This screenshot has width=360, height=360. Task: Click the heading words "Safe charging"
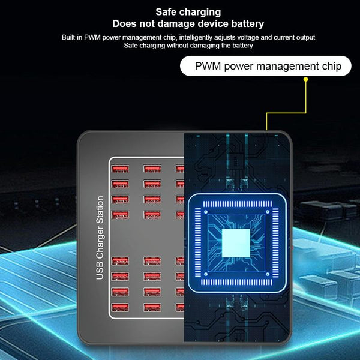(x=188, y=12)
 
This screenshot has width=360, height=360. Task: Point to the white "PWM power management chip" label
(x=266, y=66)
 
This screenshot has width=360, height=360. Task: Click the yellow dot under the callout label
(x=305, y=79)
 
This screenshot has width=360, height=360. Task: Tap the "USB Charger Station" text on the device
(x=100, y=238)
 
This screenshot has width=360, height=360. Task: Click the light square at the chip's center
(x=236, y=243)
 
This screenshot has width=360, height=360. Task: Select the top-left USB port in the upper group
(x=120, y=169)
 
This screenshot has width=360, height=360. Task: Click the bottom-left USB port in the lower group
(x=120, y=307)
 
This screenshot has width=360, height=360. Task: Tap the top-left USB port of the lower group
(x=120, y=261)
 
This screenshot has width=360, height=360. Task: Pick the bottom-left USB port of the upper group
(x=120, y=215)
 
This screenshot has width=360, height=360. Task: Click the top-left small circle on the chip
(x=206, y=212)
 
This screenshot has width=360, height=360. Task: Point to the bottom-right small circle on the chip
(x=268, y=274)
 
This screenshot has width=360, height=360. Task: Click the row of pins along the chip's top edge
(x=238, y=204)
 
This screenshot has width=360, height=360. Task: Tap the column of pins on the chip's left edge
(x=198, y=242)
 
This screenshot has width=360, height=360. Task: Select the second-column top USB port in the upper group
(x=152, y=169)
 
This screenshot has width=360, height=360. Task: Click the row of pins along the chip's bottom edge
(x=236, y=282)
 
